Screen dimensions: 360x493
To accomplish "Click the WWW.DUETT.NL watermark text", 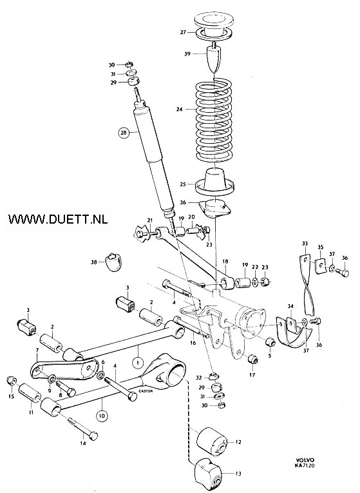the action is pos(58,219).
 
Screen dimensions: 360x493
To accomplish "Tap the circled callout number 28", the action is pos(123,133).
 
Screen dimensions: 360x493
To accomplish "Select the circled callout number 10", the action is pos(102,416).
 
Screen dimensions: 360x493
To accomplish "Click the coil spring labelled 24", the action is pos(214,121).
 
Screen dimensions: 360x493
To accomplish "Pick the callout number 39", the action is pos(187,53).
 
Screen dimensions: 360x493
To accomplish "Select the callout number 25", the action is pos(183,184).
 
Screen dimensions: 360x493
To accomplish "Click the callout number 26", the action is pos(183,202).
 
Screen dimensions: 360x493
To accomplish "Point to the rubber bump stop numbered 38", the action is pos(114,261).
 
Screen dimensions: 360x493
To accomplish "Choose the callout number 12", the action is pos(238,441).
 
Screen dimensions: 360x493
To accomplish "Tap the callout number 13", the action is pos(238,473).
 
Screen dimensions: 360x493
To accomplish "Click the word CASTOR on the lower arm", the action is pos(146,391).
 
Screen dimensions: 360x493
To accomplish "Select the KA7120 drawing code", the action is pos(305,465).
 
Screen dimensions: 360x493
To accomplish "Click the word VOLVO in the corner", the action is pos(305,460).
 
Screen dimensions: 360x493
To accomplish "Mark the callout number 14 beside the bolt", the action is pos(83,444).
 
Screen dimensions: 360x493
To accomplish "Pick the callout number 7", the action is pos(37,350).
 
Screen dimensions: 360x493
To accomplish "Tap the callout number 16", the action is pos(193,342).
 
